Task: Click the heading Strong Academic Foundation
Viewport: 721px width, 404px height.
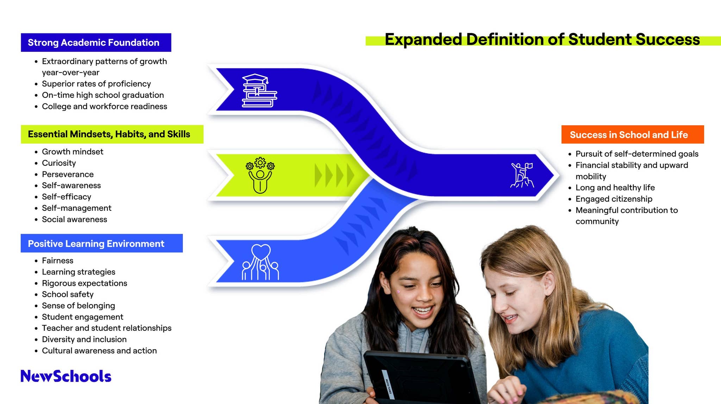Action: (94, 43)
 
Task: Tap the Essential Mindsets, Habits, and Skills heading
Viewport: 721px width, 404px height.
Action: (109, 134)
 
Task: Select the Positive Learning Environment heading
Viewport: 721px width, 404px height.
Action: (96, 244)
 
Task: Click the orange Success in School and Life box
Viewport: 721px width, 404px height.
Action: (629, 135)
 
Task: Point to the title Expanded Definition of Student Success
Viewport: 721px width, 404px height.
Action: (542, 39)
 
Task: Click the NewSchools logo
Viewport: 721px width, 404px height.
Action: (66, 376)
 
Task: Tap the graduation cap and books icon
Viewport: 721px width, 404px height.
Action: (259, 90)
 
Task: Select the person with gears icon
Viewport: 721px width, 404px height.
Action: (260, 175)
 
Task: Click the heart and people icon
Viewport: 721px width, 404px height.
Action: (261, 262)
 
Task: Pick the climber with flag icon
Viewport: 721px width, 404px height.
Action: (522, 175)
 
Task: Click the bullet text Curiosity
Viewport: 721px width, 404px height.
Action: (59, 163)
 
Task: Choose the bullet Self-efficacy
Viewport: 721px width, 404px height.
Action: (67, 197)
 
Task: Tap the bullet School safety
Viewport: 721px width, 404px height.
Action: (68, 294)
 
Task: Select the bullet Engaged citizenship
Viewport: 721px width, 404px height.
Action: (614, 199)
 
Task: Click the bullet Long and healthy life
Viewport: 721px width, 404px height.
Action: (615, 188)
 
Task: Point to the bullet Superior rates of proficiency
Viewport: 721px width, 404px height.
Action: (96, 84)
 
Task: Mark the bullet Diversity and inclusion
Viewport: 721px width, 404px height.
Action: (84, 339)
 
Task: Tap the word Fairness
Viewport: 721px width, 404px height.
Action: (58, 260)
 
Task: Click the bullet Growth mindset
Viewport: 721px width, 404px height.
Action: (73, 152)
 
